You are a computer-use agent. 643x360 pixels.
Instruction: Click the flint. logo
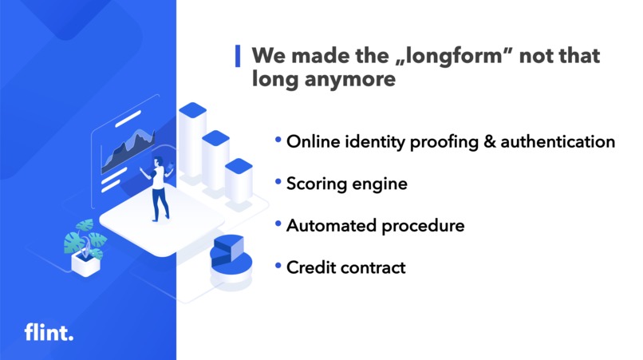(49, 332)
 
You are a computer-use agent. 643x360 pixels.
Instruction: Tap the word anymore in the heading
(350, 80)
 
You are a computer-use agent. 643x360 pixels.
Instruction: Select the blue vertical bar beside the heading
(238, 57)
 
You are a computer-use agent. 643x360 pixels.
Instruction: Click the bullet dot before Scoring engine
(278, 183)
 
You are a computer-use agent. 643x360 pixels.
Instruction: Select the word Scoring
(317, 184)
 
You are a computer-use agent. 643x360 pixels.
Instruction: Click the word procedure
(422, 227)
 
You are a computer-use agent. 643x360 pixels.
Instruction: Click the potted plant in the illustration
(84, 247)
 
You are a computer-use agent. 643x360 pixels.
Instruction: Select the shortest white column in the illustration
(239, 184)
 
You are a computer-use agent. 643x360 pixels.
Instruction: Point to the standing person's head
(159, 162)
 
